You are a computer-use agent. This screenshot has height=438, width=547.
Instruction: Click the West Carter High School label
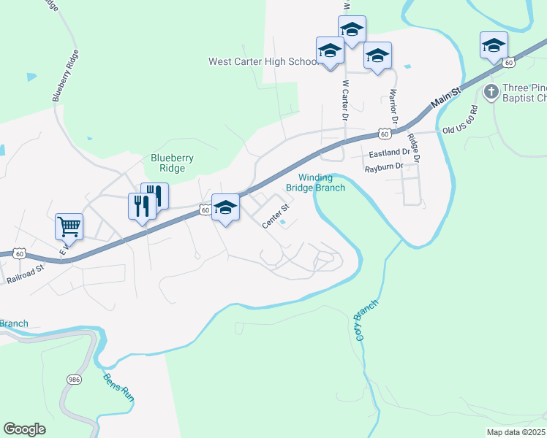coord(263,62)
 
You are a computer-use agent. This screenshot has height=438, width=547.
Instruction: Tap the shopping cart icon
coord(69,226)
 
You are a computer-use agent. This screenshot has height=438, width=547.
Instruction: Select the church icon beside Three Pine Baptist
coord(491,93)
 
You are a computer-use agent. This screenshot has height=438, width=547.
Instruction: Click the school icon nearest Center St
coord(225,208)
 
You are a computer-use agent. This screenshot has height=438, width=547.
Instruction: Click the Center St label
coord(276,220)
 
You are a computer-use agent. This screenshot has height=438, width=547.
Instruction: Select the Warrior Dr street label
coord(393,105)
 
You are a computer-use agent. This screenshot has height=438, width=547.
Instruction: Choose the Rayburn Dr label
coord(384,167)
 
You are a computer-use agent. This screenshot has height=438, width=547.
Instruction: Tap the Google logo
coord(24,429)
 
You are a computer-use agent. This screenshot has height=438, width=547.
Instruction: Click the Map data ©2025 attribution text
coord(516,432)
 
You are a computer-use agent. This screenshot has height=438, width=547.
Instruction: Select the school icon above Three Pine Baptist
coord(494,45)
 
